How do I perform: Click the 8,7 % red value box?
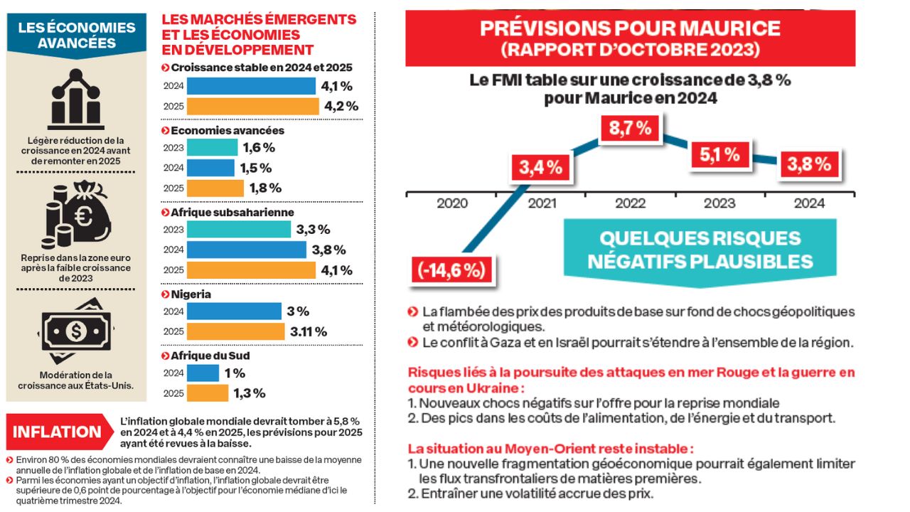tap(631, 129)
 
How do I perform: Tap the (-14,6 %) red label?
tap(452, 271)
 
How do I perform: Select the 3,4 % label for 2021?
tap(540, 168)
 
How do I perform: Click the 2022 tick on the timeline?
tap(630, 203)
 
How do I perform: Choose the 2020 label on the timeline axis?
tap(452, 203)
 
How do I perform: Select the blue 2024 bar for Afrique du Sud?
tap(203, 373)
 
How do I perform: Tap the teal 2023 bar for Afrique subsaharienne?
tap(239, 229)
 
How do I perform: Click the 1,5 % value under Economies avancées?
tap(257, 168)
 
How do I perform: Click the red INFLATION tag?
tap(58, 432)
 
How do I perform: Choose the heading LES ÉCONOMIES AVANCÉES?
tap(77, 35)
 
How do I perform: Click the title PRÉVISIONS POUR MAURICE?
tap(630, 29)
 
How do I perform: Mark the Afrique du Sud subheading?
tap(210, 356)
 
